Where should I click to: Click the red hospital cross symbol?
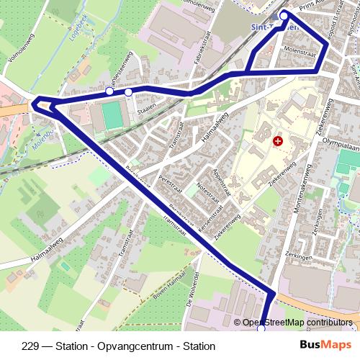point(277,142)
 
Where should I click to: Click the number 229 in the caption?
point(30,346)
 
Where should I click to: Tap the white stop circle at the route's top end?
point(284,14)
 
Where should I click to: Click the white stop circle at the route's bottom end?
point(261,328)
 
